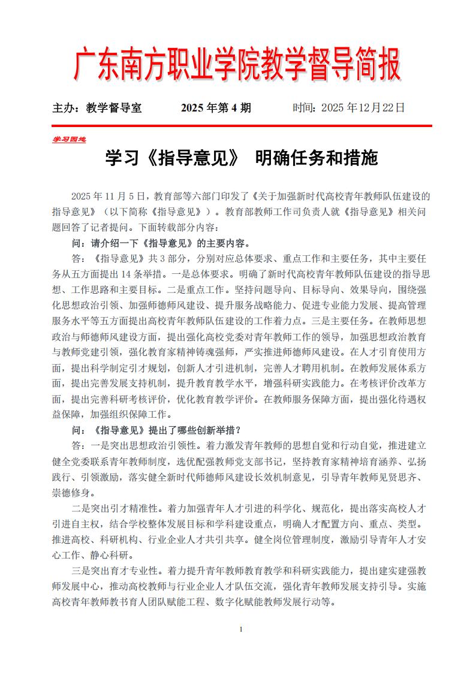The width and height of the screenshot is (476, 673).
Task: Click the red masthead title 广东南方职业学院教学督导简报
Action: (237, 65)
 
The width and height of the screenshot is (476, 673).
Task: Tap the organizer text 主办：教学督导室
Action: (97, 108)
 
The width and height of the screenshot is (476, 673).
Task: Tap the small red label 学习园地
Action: (68, 139)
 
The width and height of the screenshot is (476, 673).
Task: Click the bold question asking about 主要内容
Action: (160, 244)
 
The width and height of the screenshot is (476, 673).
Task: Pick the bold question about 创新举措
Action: (156, 430)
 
